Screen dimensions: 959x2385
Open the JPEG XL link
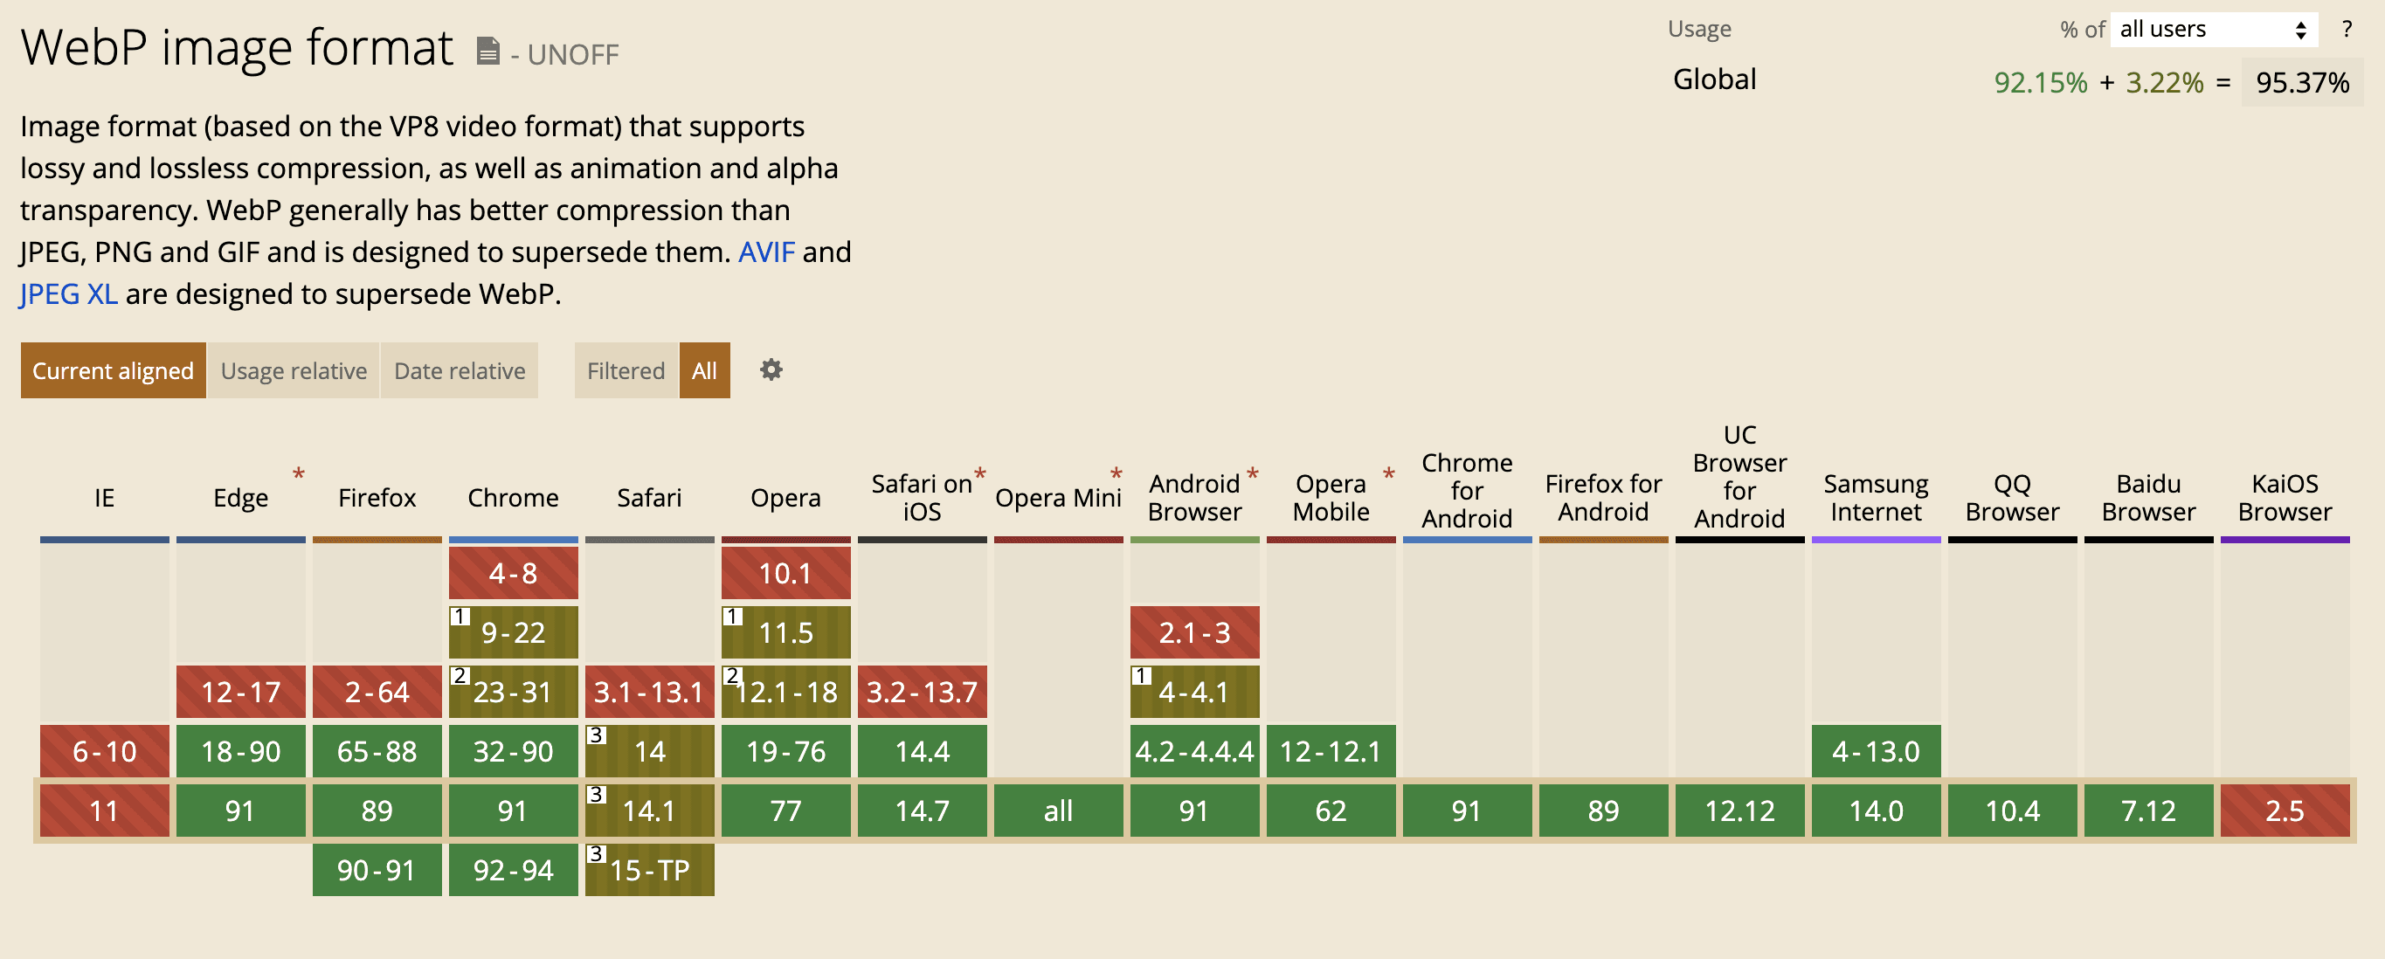(x=68, y=294)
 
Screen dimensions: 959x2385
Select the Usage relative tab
(x=294, y=371)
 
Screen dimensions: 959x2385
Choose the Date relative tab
(x=460, y=371)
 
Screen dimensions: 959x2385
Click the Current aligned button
(x=113, y=371)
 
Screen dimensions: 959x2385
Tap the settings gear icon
(x=771, y=370)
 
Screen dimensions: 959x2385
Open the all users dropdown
(x=2212, y=30)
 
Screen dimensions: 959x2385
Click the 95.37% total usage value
(x=2302, y=83)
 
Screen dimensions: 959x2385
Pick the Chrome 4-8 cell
(x=513, y=573)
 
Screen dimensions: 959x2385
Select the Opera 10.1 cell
(x=785, y=573)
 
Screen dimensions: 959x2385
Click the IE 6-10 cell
(x=105, y=751)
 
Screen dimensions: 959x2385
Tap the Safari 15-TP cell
(x=649, y=870)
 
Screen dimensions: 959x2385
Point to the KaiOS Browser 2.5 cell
(x=2284, y=811)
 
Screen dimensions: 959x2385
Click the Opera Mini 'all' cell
(x=1058, y=811)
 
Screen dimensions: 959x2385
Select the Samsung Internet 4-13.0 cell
(x=1876, y=751)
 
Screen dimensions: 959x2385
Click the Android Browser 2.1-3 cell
(x=1194, y=632)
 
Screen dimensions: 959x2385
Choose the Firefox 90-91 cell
(x=377, y=870)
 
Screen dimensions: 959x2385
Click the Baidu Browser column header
(x=2148, y=498)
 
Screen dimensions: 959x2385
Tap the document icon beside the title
(x=488, y=51)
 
